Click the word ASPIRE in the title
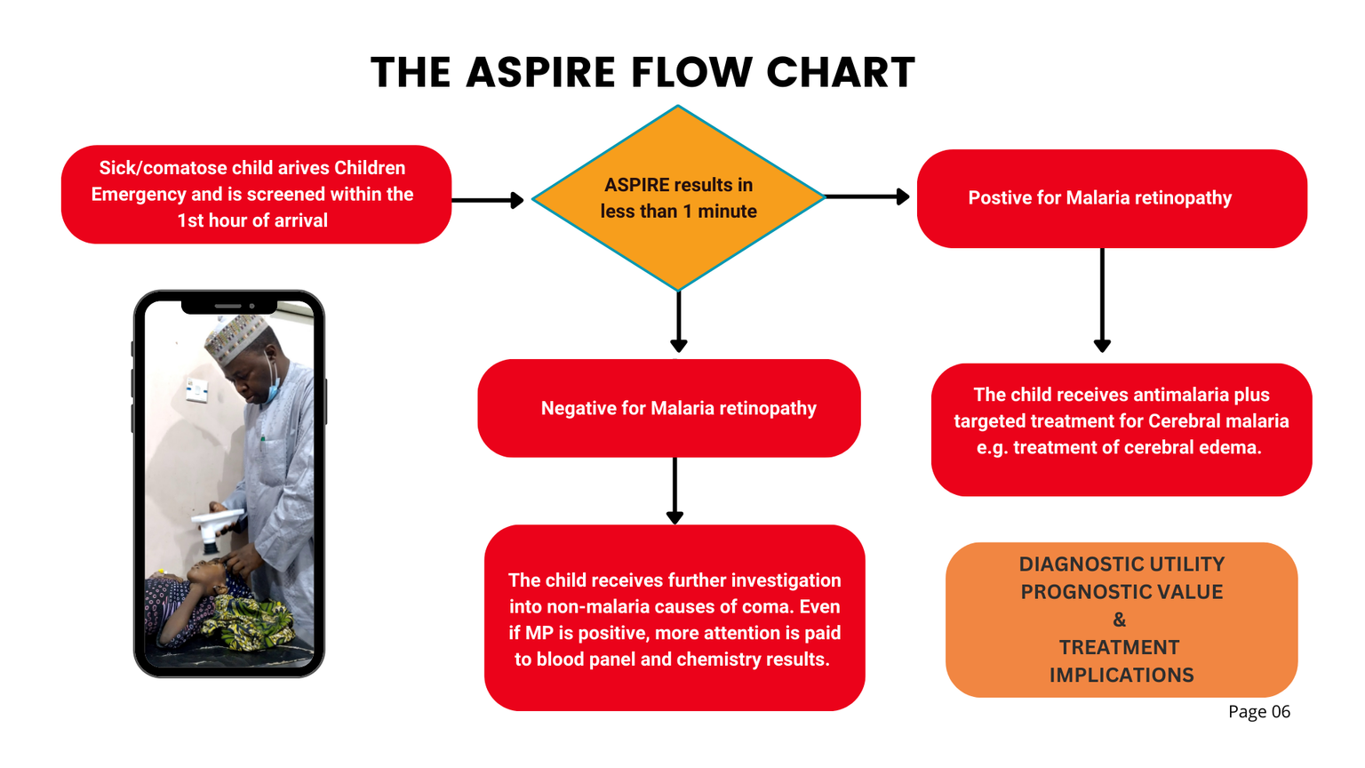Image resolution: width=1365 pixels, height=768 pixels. pos(540,73)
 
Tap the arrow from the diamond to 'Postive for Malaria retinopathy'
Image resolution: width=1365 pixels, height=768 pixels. pos(866,196)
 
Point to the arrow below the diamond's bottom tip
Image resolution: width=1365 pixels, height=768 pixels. pos(679,322)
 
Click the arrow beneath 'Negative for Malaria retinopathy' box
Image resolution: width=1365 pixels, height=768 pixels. pos(675,491)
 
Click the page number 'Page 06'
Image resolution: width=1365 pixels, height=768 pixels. pos(1258,712)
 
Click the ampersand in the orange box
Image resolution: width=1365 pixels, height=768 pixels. pos(1119,620)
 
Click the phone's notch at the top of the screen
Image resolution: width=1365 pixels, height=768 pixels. pos(228,306)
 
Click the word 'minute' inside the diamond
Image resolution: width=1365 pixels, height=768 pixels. pos(727,212)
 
